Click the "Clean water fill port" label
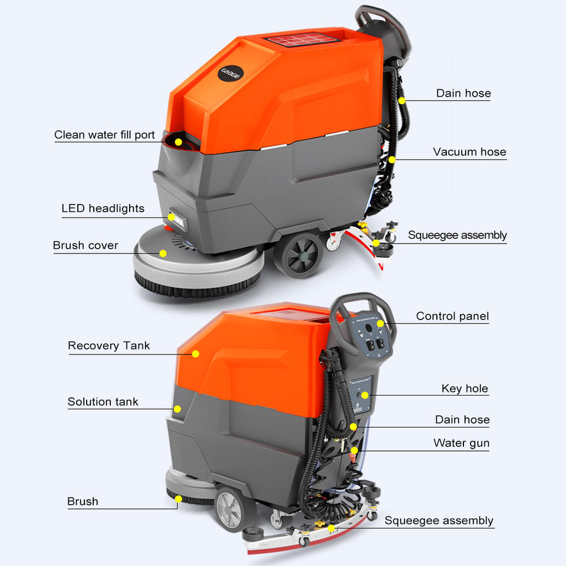point(104,134)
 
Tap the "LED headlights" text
point(103,208)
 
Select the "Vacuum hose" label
point(469,152)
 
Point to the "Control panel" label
point(452,316)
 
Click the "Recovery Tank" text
point(108,345)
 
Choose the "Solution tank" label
point(103,402)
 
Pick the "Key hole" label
point(465,389)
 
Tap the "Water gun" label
point(461,443)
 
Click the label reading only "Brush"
point(83,501)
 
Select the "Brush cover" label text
point(85,245)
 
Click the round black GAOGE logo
point(231,73)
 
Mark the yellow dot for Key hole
point(365,395)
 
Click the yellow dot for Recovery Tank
point(195,354)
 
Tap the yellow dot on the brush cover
point(163,254)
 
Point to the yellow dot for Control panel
point(380,324)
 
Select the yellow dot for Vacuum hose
point(392,159)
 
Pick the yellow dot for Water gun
point(354,450)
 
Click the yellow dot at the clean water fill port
point(178,142)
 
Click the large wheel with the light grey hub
point(231,509)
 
